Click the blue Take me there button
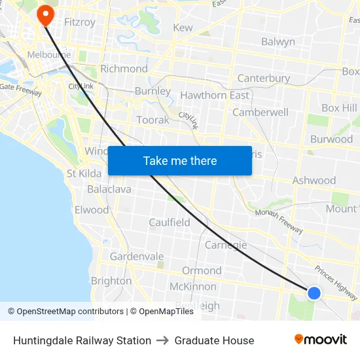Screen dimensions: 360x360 [179, 160]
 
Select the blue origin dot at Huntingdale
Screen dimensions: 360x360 [314, 293]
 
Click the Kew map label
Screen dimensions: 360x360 [183, 27]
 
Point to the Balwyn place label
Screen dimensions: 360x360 [278, 41]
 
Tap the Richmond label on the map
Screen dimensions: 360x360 [124, 69]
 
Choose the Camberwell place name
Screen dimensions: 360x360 [261, 112]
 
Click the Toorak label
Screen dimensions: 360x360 [153, 120]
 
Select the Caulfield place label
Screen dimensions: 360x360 [170, 222]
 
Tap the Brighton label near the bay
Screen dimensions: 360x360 [111, 281]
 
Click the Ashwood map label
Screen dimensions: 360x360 [314, 180]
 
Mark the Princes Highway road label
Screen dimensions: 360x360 [336, 278]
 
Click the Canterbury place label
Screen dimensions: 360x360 [264, 79]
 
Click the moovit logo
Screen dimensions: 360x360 [321, 340]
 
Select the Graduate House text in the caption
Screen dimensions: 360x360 [214, 340]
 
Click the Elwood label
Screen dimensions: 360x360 [92, 210]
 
